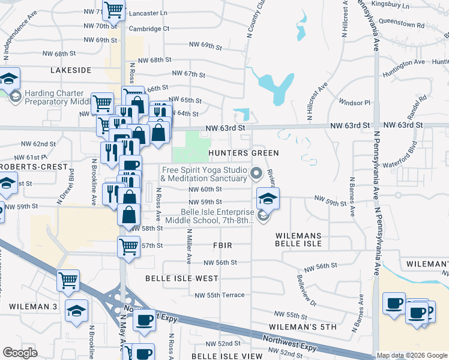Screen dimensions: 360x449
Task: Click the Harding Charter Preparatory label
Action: coord(58,97)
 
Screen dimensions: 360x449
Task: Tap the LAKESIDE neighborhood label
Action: coord(71,70)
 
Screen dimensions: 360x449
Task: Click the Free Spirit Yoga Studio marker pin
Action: coord(257,174)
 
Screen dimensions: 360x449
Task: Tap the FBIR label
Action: coord(222,246)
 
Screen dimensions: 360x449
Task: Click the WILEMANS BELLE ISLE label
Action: coord(298,239)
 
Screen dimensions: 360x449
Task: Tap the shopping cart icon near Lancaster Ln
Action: coord(113,10)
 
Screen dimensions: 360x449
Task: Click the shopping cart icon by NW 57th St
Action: coord(129,245)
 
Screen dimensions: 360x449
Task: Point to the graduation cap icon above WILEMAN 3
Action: coord(77,310)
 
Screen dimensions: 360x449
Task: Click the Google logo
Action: coord(20,353)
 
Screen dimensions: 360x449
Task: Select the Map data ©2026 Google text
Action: coord(412,355)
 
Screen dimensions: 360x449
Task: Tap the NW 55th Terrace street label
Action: coord(220,295)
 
